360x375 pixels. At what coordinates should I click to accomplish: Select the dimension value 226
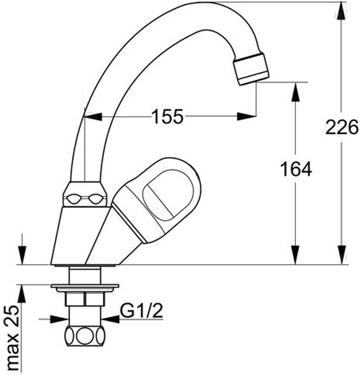(341, 128)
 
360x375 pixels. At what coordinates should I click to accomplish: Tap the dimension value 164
(296, 169)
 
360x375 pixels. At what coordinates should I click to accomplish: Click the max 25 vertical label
(13, 337)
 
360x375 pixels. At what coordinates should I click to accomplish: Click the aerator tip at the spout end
(251, 69)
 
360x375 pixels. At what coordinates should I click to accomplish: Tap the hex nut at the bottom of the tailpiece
(85, 335)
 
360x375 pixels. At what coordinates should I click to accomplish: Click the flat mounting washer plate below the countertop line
(85, 286)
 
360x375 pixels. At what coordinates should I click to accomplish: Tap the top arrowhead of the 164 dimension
(296, 91)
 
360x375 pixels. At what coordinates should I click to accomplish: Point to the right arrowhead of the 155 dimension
(247, 116)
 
